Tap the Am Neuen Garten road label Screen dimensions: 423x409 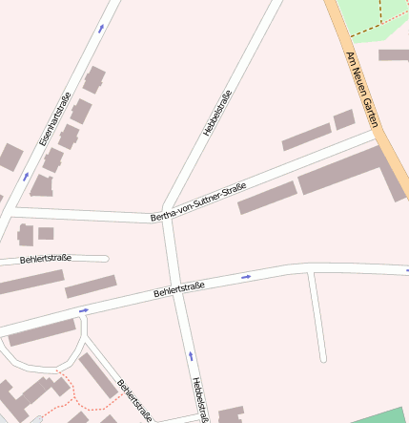pos(362,90)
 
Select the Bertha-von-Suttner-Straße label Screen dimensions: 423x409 pos(198,202)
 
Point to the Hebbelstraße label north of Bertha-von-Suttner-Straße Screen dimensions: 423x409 pos(217,113)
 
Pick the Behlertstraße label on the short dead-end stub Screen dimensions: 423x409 pos(45,258)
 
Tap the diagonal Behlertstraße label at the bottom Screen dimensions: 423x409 pos(134,400)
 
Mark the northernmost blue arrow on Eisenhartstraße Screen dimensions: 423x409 pos(101,29)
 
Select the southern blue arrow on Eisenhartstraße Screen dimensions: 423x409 pos(26,177)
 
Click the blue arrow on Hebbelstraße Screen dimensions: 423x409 pos(191,355)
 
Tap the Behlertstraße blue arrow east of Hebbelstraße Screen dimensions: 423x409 pos(246,277)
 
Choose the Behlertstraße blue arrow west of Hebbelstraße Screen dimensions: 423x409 pos(84,310)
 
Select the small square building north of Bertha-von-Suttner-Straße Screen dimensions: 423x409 pos(343,119)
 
